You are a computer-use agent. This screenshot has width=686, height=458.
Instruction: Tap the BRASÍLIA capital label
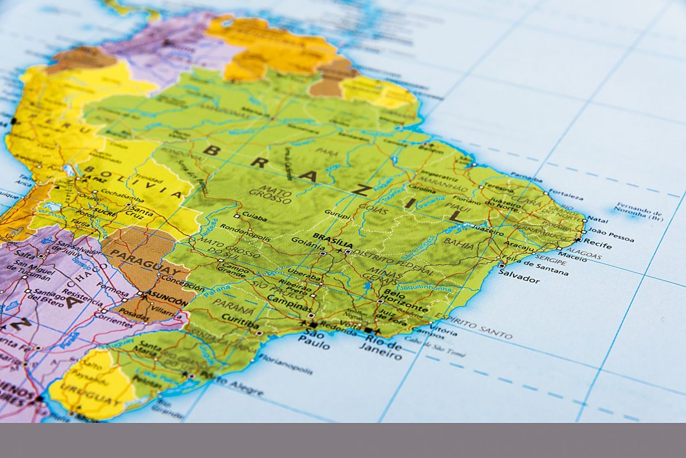(x=332, y=237)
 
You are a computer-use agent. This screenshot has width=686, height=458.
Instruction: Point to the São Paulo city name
(x=316, y=339)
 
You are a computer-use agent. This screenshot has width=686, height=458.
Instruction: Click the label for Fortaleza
(x=567, y=196)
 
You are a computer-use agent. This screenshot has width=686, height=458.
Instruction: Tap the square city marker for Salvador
(x=501, y=266)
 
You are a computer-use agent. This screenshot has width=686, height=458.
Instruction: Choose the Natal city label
(x=597, y=220)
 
